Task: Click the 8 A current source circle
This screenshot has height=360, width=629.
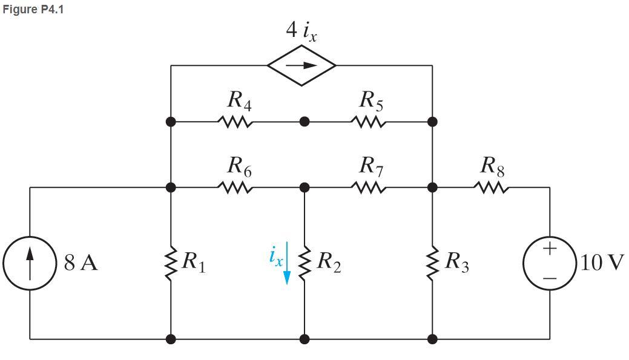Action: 30,264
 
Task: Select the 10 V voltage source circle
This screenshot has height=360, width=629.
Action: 550,264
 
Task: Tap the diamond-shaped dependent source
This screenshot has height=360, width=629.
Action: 301,65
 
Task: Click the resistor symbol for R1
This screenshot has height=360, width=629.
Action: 171,264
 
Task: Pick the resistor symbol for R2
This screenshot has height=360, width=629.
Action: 305,264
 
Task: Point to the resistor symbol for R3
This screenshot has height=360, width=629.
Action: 432,264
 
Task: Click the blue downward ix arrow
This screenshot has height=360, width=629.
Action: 288,264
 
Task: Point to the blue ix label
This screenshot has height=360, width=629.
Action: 275,256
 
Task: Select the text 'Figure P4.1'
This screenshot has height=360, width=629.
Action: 33,10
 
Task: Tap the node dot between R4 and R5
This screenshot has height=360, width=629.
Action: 305,122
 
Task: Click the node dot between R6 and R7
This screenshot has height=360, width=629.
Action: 305,188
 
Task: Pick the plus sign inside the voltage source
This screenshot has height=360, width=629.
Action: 550,248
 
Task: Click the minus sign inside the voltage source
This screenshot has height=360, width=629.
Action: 550,278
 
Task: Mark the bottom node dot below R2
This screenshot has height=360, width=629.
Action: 305,339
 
